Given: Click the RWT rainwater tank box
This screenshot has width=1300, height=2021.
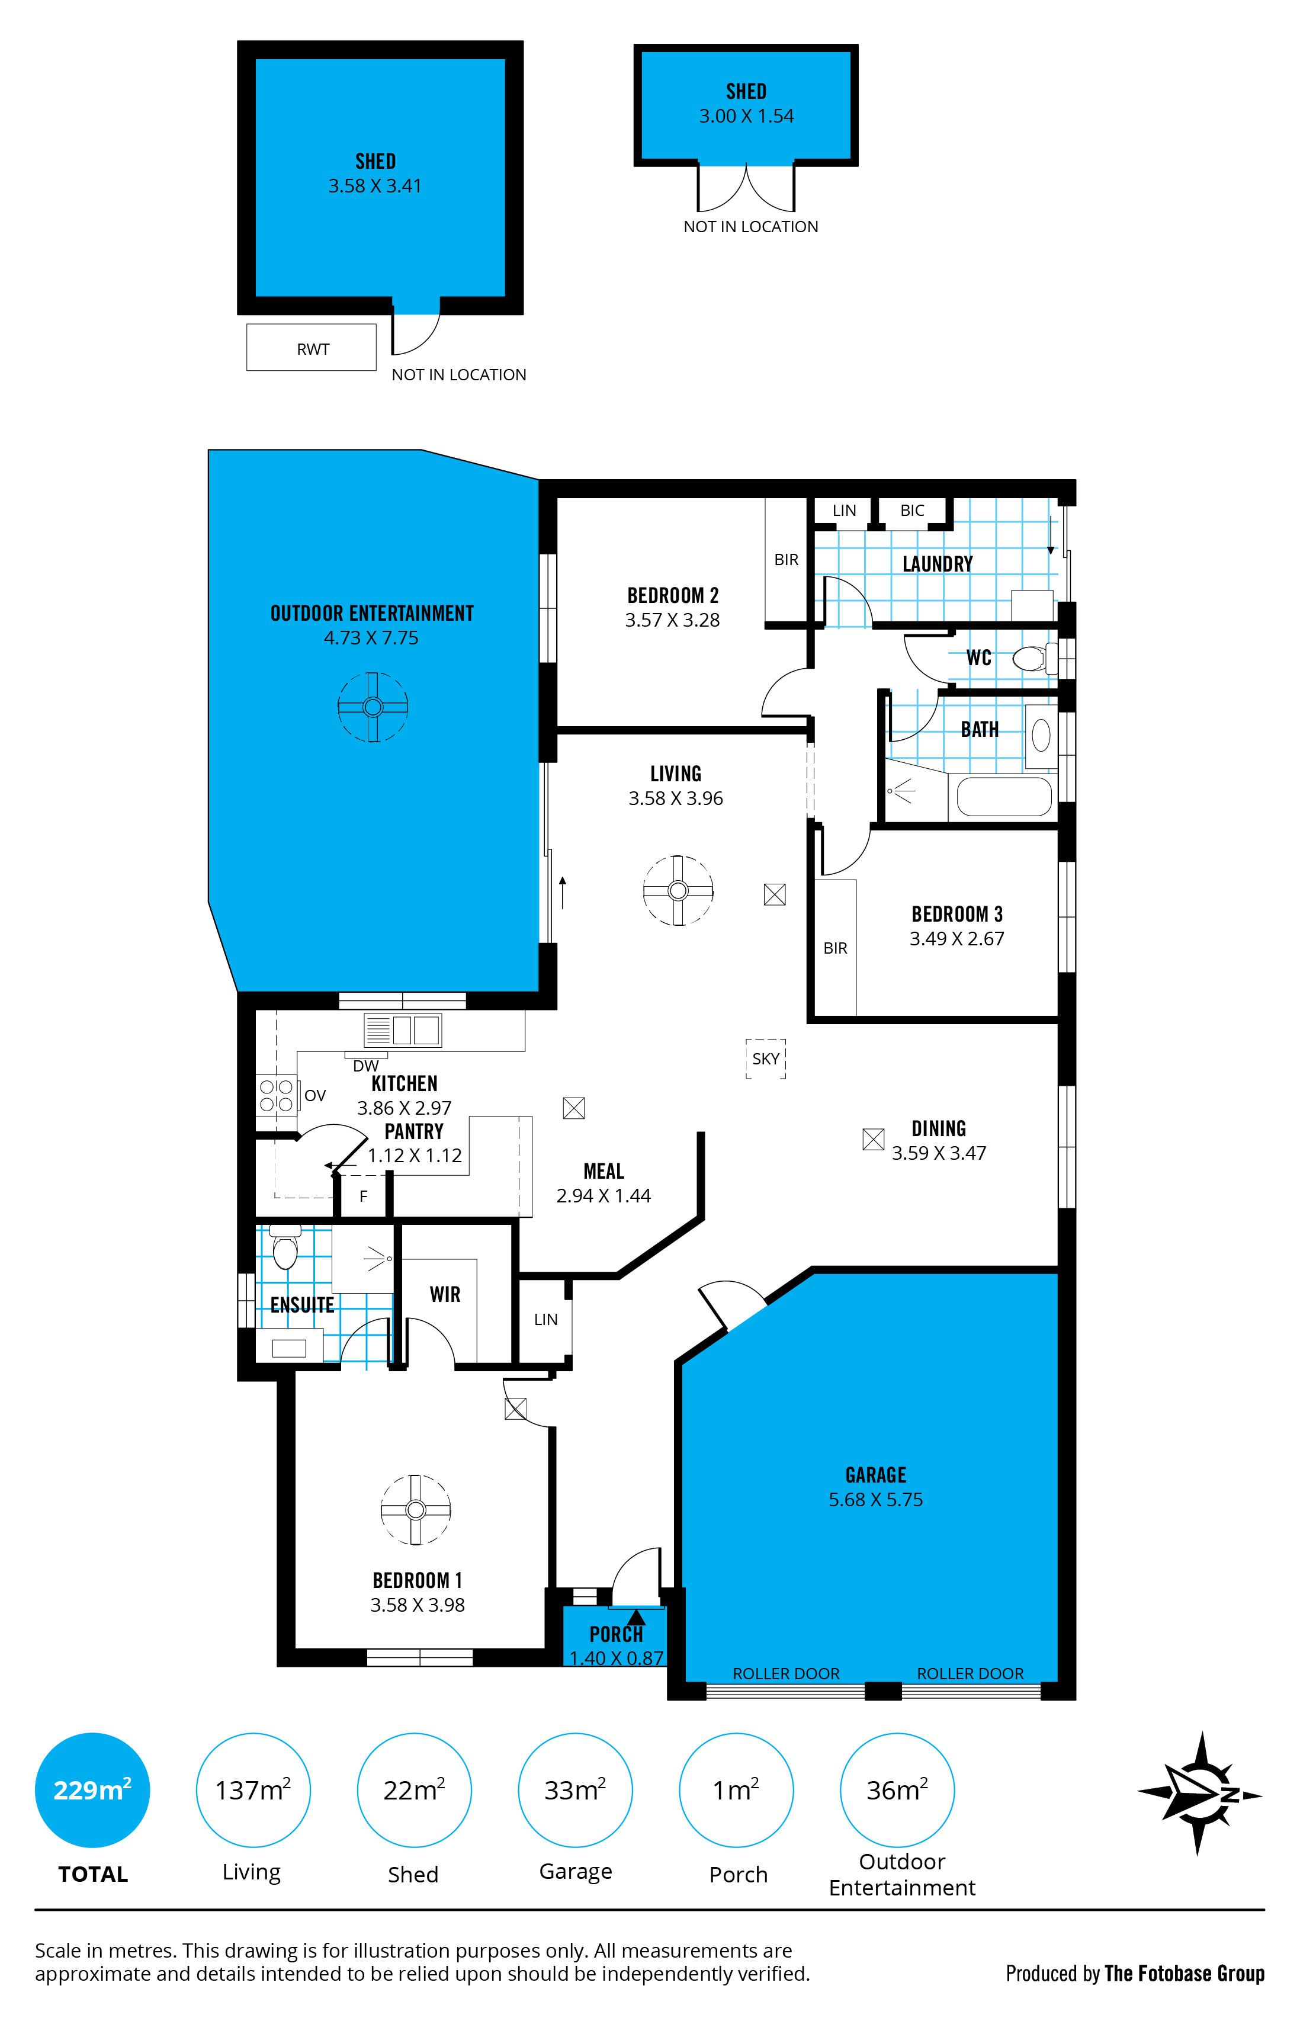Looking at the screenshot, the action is click(311, 347).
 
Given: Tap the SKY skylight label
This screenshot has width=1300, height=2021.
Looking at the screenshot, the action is click(766, 1058).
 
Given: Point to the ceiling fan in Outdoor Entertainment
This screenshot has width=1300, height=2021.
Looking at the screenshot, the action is click(373, 707).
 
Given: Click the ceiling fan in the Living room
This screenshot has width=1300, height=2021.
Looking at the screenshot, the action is click(678, 891).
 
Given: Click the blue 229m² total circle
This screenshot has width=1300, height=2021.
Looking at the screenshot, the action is click(92, 1789).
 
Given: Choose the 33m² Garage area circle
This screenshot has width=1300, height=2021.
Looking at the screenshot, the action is click(575, 1789).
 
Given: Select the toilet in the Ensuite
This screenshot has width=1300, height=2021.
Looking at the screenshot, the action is click(285, 1246).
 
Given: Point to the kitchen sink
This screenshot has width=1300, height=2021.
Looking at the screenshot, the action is click(403, 1031).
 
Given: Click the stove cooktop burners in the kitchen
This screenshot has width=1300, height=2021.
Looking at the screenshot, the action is click(276, 1095).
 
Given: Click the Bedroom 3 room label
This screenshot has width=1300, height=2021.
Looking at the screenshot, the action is click(957, 915).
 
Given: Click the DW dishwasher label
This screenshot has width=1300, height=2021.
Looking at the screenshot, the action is click(365, 1066).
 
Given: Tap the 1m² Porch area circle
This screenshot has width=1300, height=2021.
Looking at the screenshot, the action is click(736, 1789).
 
